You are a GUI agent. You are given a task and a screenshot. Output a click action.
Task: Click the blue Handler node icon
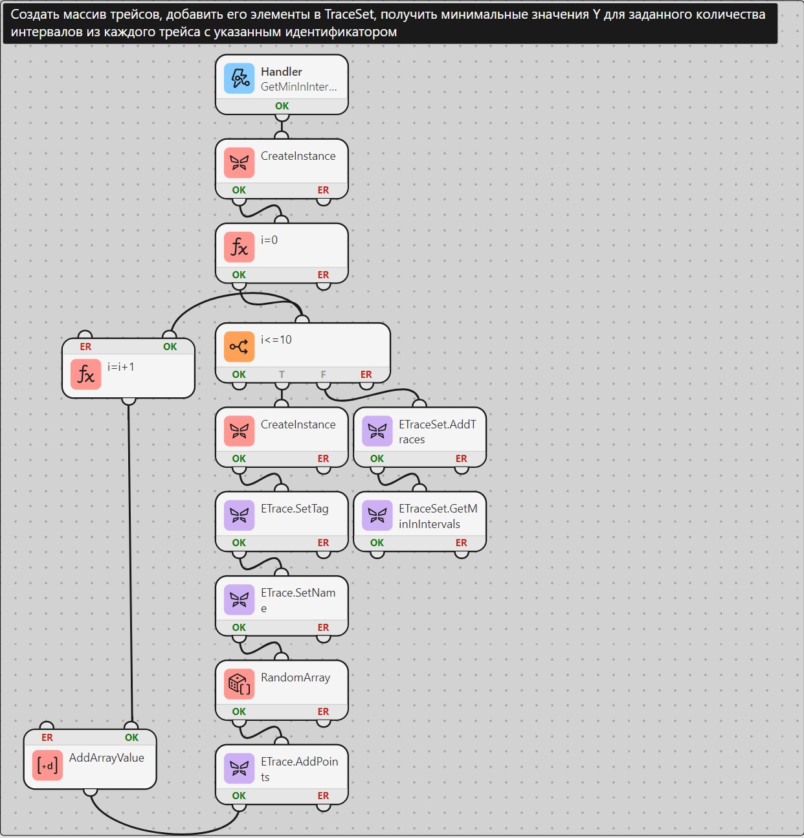tap(239, 78)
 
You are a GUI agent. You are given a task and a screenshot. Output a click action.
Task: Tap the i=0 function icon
tap(239, 247)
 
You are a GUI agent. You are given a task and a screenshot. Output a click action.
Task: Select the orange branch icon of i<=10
tap(239, 347)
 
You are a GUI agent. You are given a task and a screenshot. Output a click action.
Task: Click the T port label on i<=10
tap(282, 374)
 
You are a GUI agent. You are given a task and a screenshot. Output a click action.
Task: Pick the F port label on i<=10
tap(323, 374)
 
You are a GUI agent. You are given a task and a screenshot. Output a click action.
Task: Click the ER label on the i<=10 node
tap(366, 374)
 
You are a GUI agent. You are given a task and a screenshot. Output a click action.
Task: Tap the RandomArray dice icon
tap(239, 684)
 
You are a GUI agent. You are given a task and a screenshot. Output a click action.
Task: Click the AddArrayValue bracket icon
tap(47, 766)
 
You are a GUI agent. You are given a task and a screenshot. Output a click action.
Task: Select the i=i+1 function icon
tap(85, 374)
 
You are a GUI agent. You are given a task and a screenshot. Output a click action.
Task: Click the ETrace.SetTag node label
tap(295, 509)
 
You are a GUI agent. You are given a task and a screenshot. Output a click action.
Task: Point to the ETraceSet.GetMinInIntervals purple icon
tap(377, 516)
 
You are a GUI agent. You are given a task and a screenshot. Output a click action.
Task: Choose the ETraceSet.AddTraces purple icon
tap(377, 431)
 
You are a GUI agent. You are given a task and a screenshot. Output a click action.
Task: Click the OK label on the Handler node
tap(282, 105)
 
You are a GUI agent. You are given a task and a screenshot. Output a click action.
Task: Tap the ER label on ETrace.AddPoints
tap(323, 795)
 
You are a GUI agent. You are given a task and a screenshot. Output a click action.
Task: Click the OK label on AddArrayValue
tap(131, 737)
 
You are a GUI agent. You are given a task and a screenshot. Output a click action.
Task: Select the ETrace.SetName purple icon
tap(239, 600)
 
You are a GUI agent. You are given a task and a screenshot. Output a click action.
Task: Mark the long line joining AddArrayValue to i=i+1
tap(129, 564)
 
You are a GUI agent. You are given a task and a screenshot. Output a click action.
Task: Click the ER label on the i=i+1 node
tap(85, 346)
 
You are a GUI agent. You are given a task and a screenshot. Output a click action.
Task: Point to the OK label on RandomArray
tap(239, 711)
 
